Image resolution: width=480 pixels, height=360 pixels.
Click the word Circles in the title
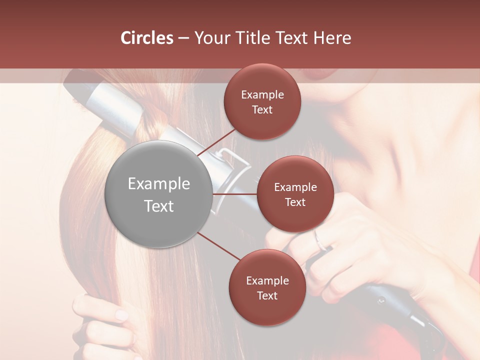[146, 38]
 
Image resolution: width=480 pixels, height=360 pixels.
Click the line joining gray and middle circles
[235, 194]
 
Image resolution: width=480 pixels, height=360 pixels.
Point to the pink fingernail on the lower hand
[121, 315]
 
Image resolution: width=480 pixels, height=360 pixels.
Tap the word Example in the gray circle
[158, 184]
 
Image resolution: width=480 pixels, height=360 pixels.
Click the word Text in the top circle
[262, 109]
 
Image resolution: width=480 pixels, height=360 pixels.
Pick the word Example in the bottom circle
[267, 281]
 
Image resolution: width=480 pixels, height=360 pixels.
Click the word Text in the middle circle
[295, 202]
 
